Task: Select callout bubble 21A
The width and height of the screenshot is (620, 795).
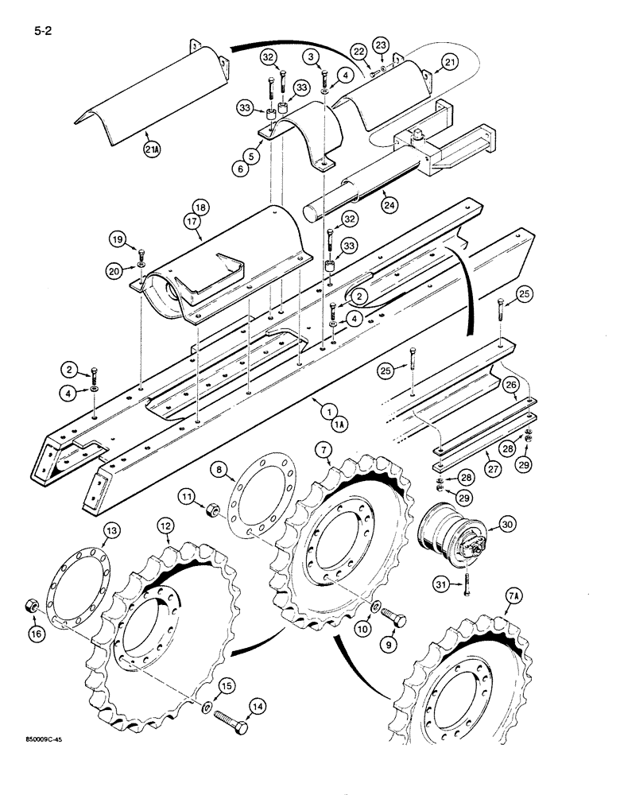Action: point(149,149)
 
